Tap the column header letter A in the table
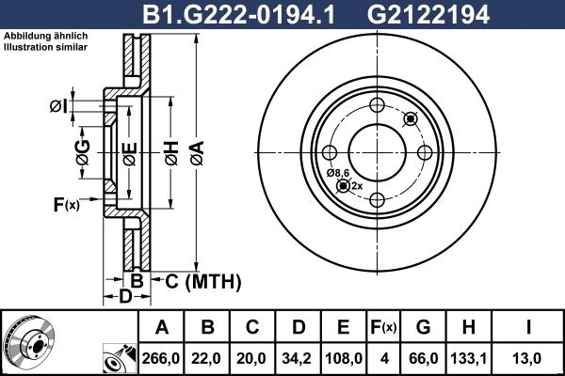[x=162, y=327]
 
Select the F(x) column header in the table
[x=383, y=327]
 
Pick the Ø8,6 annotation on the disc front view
[x=338, y=174]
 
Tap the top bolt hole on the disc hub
[x=376, y=104]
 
